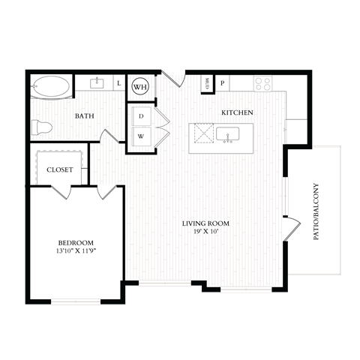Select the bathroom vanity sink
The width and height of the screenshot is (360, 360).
pos(97,83)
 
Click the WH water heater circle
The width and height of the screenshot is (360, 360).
pos(139,87)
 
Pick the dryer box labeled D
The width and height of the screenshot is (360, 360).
pos(140,117)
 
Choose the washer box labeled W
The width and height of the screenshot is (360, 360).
pos(140,136)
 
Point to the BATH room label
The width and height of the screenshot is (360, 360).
pos(84,116)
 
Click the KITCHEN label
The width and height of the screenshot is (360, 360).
pos(236,112)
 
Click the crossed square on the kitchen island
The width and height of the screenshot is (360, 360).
pos(202,137)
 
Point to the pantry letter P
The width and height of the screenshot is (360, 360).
pos(223,84)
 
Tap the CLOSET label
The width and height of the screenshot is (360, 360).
pos(60,169)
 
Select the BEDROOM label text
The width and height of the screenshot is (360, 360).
pos(75,242)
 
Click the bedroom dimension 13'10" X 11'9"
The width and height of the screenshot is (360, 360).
pos(75,251)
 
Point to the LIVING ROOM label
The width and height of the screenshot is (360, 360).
pos(205,223)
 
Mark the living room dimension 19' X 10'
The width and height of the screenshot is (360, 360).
pos(205,232)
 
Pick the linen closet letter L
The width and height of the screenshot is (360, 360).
pos(120,83)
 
